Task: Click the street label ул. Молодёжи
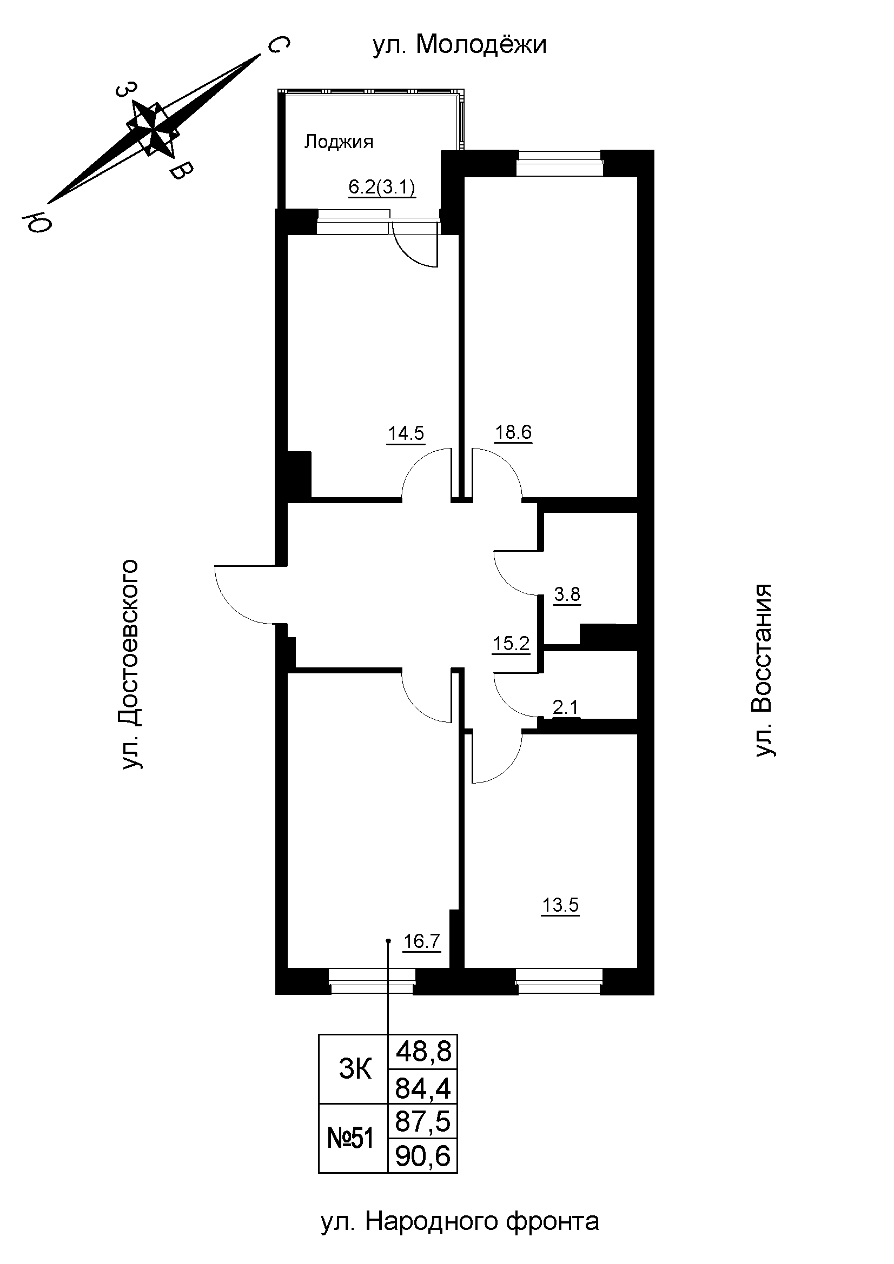pos(459,45)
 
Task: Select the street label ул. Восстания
pos(764,670)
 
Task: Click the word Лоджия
pos(339,142)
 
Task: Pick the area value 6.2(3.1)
pos(382,188)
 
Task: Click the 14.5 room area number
pos(406,433)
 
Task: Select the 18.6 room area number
pos(513,432)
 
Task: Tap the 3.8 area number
pos(567,595)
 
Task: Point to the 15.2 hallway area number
pos(511,643)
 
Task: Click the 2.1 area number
pos(566,707)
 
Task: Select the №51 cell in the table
pos(351,1138)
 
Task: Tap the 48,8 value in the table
pos(423,1053)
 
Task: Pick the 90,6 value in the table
pos(423,1155)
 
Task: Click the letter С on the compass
pos(278,46)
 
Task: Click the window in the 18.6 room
pos(559,164)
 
